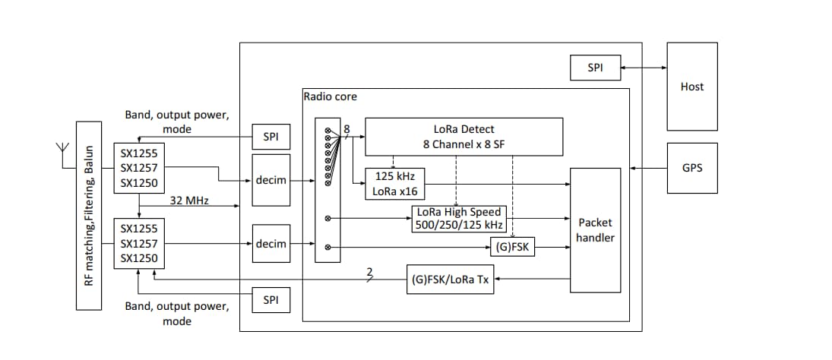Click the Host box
click(691, 86)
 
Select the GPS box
click(691, 168)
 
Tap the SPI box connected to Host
click(595, 68)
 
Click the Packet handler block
click(595, 230)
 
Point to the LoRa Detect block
click(463, 136)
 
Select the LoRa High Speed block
click(459, 219)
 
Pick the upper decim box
click(271, 180)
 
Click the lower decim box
click(271, 244)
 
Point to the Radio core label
click(330, 96)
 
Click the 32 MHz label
click(190, 201)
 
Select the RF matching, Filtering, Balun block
click(89, 215)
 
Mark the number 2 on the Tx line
click(370, 272)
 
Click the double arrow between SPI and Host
click(643, 68)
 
